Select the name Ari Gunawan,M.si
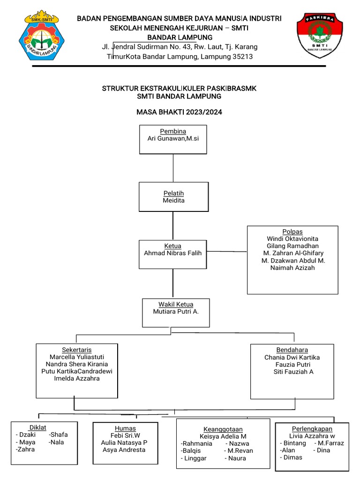click(x=173, y=139)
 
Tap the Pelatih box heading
click(x=173, y=193)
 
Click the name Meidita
click(x=173, y=201)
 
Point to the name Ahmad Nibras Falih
click(x=172, y=253)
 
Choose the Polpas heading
click(x=292, y=232)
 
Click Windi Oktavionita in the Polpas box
click(x=292, y=239)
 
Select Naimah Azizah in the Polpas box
click(x=292, y=268)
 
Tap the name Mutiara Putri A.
click(x=176, y=311)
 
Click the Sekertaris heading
click(x=77, y=350)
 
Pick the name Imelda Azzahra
click(x=77, y=379)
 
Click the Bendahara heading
click(x=292, y=350)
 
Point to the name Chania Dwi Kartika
click(x=292, y=357)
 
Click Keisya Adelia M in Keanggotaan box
click(x=223, y=436)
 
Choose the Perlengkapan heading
click(x=312, y=428)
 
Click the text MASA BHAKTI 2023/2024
click(x=180, y=112)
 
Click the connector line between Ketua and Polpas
click(x=227, y=252)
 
